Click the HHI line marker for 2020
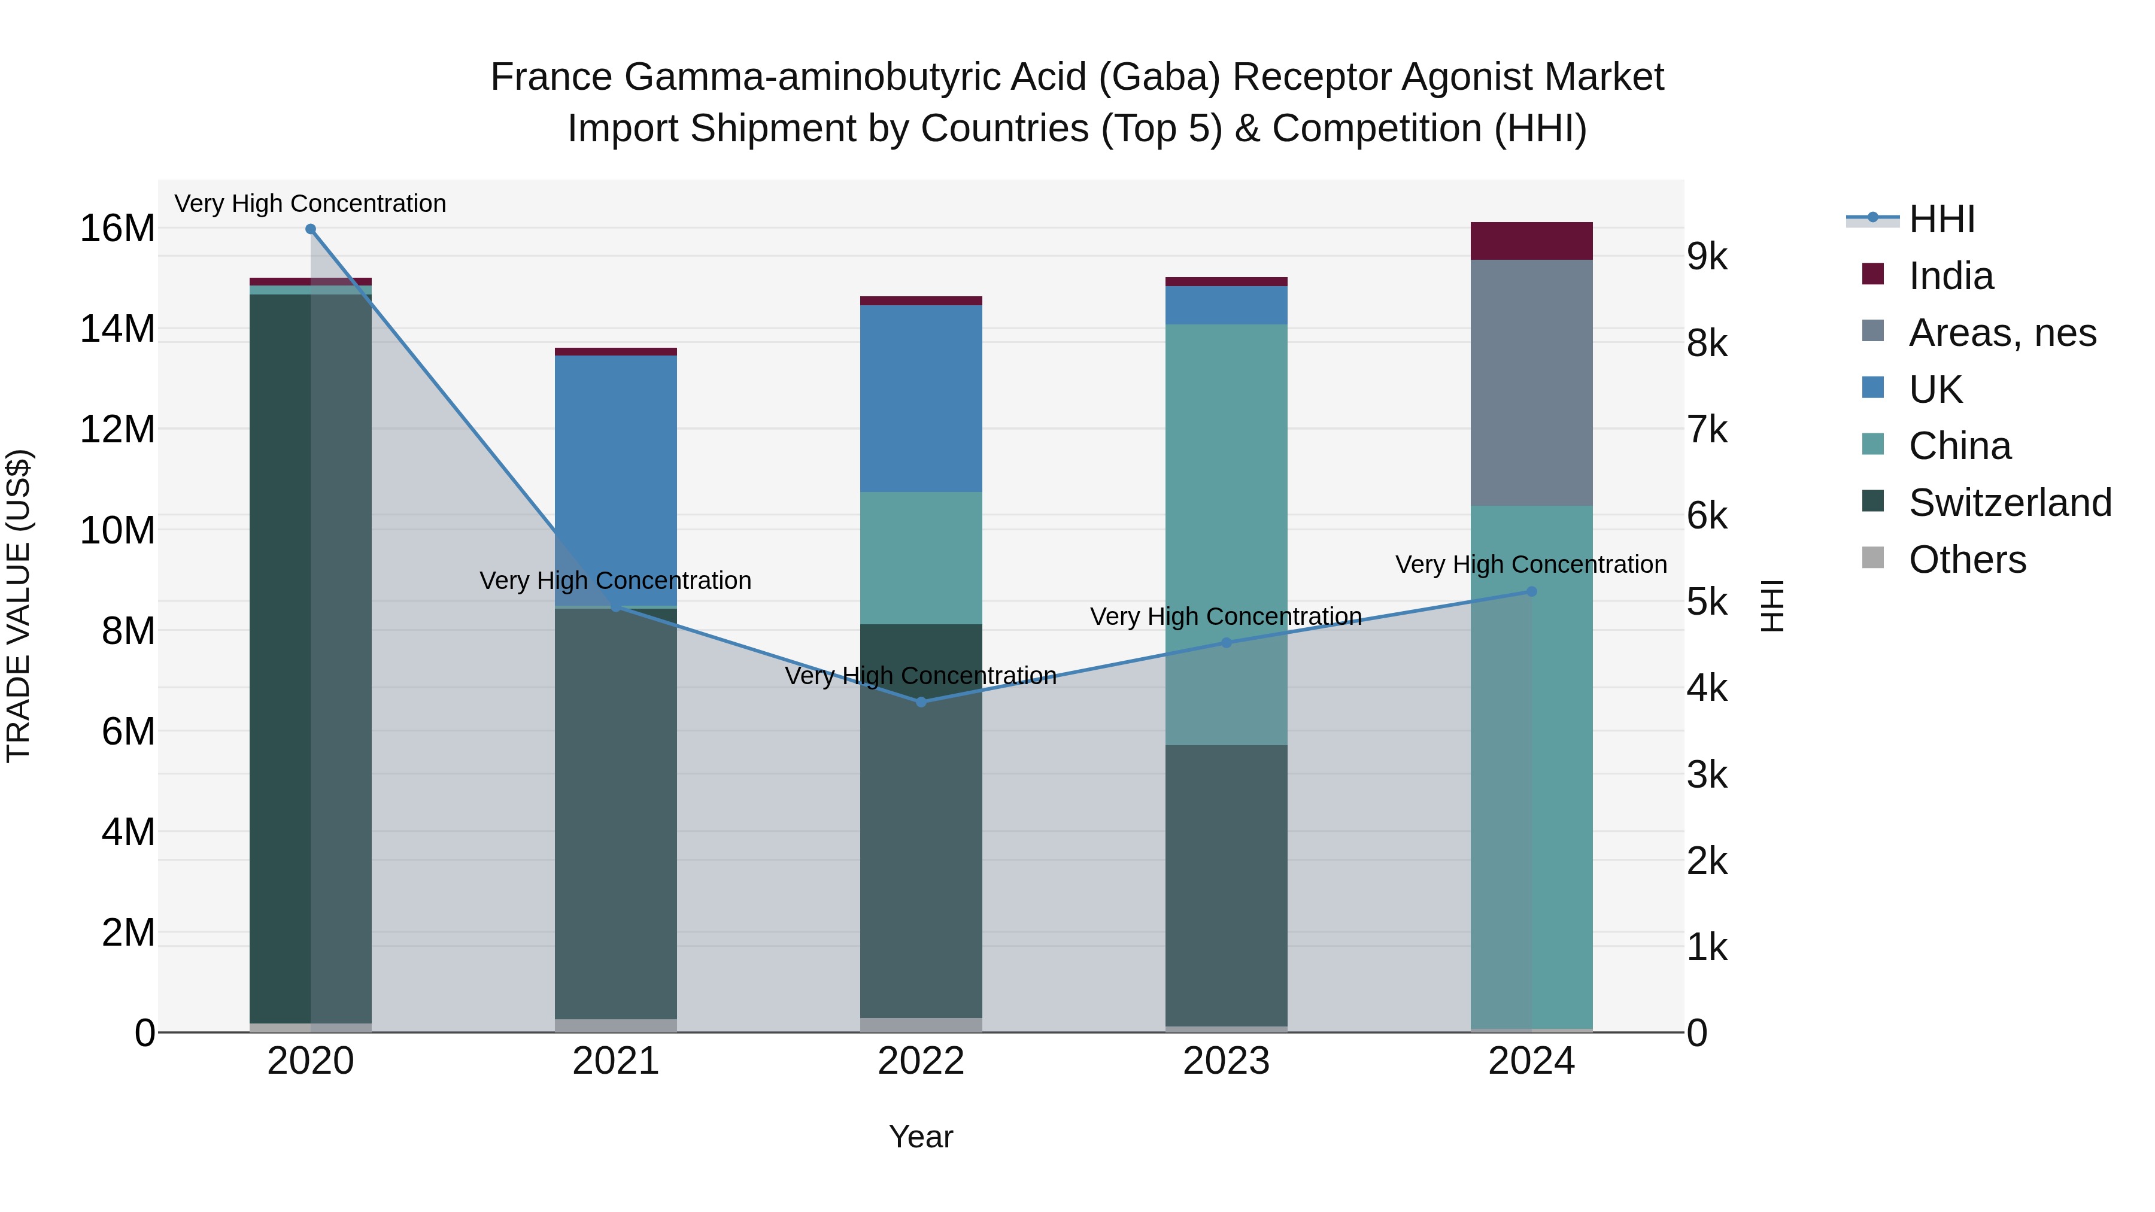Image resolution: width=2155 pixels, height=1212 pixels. pos(310,229)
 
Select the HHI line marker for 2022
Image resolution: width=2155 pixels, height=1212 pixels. pos(921,702)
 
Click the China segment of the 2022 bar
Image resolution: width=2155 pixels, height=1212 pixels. pos(921,558)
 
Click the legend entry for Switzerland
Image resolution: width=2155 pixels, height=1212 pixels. pos(2010,503)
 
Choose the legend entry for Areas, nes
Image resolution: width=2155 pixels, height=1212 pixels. pos(2002,333)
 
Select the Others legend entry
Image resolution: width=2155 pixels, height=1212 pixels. pos(1967,560)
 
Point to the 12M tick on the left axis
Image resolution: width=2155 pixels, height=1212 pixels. pos(117,429)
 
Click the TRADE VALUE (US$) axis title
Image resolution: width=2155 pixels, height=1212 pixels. pos(19,606)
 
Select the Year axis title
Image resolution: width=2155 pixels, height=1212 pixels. pos(921,1137)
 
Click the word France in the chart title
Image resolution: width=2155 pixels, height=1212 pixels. pos(551,77)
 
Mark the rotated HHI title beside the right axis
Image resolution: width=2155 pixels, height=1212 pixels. pos(1772,606)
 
